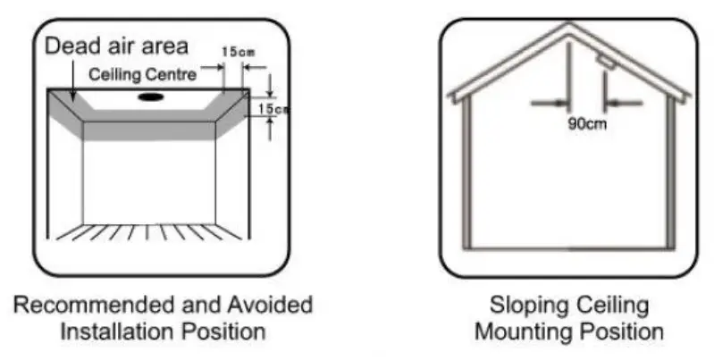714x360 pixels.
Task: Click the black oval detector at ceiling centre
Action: (x=150, y=96)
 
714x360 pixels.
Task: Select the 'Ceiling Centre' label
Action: (x=142, y=75)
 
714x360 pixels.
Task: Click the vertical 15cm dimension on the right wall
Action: (x=279, y=108)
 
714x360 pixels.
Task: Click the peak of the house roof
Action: (x=568, y=27)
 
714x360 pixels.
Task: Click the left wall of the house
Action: (x=466, y=170)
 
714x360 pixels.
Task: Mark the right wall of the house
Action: (x=669, y=170)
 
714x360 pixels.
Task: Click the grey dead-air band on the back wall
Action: (x=149, y=130)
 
